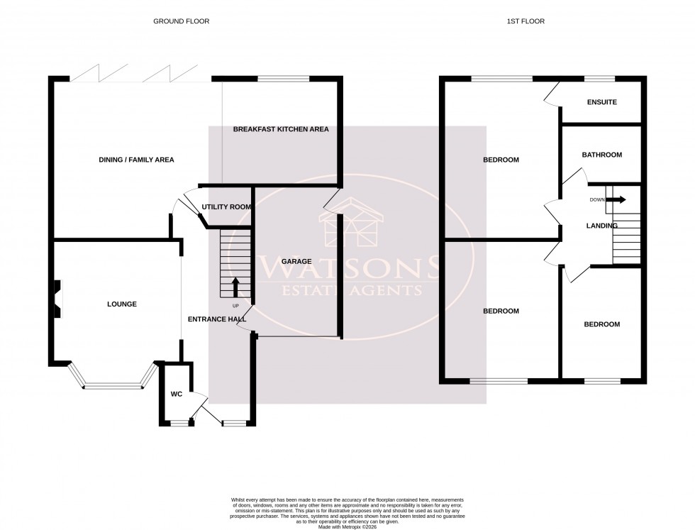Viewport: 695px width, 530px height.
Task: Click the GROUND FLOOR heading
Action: point(182,21)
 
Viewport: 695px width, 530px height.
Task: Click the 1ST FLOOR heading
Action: point(525,21)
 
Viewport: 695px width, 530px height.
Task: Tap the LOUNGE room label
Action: point(121,304)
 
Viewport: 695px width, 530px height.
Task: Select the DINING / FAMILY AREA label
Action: point(136,160)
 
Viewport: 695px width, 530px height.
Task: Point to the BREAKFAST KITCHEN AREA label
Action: point(281,129)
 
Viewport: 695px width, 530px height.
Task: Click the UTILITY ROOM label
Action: point(226,206)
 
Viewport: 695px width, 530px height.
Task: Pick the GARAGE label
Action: point(296,262)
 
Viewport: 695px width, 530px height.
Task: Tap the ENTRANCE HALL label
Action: point(216,319)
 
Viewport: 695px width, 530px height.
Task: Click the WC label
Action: point(176,394)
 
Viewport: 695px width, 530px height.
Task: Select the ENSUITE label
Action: point(601,102)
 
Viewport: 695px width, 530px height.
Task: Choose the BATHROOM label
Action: point(601,155)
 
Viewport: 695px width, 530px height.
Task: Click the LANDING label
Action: point(601,226)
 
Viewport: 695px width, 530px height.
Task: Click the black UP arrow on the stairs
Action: point(235,287)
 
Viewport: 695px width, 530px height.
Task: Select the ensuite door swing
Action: point(552,93)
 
